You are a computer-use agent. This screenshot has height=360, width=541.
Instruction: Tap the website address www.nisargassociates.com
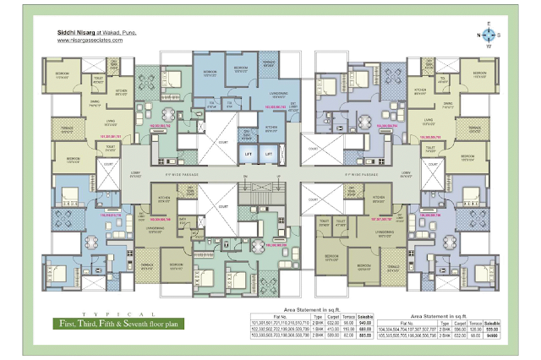pyautogui.click(x=81, y=40)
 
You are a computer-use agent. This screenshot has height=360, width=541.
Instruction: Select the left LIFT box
pyautogui.click(x=249, y=155)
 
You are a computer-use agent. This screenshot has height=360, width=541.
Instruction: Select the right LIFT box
pyautogui.click(x=270, y=155)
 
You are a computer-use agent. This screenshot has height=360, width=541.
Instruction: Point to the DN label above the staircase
pyautogui.click(x=243, y=177)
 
